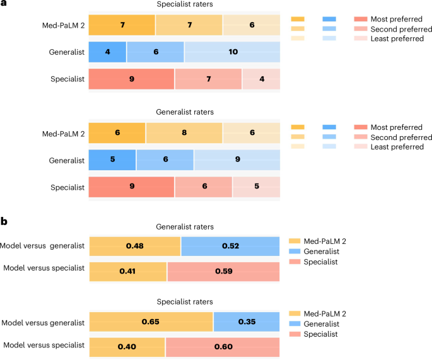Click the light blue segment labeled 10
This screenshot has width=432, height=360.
tap(232, 52)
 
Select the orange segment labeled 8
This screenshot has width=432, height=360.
tap(184, 134)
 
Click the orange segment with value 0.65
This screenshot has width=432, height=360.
tap(151, 321)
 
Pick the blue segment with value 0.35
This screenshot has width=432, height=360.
tap(247, 321)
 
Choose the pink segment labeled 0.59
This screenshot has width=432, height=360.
tap(223, 272)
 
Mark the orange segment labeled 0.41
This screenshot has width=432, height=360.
tap(128, 272)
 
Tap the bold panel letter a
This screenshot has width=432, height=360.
tap(4, 5)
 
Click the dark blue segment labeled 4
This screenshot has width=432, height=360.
tap(107, 52)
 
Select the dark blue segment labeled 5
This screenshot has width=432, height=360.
tap(112, 160)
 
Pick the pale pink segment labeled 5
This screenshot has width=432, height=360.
tap(256, 187)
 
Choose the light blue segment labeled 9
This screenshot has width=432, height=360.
tap(237, 160)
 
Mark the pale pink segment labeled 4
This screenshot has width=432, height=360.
tap(261, 79)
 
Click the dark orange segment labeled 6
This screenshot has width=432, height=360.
tap(117, 134)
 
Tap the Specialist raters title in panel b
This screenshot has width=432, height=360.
tap(184, 302)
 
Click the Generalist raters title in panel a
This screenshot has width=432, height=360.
tap(184, 112)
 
